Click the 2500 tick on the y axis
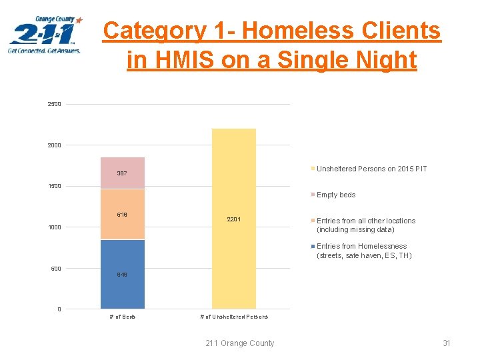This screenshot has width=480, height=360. pos(54,104)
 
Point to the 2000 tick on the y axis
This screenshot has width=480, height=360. pos(54,145)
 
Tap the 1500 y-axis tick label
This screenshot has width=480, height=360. pos(54,186)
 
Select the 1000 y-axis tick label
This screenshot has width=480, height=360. pos(54,227)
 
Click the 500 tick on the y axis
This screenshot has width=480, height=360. pos(56,269)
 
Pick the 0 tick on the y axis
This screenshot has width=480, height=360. pos(59,309)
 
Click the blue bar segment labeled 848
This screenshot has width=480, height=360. pos(123,274)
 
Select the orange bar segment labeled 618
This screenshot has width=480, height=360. pos(123,214)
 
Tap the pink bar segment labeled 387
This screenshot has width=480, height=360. pos(123,173)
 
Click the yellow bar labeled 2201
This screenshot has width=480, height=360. pos(233,219)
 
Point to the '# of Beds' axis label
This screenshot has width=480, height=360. pos(123,317)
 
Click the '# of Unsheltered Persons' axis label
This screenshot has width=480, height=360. pos(234,317)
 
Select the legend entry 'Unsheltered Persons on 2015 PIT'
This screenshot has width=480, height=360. pos(371,169)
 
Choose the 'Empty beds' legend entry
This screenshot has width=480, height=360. pos(335,195)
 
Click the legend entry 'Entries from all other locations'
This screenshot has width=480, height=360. pos(365,225)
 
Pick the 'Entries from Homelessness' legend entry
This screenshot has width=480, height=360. pos(364,251)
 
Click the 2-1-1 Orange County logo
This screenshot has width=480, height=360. pos(45,36)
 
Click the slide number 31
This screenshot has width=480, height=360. pos(447,343)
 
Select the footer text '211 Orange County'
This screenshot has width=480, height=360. pos(240,343)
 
